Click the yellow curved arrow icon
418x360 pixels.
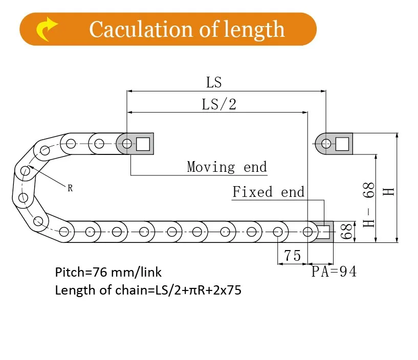point(46,29)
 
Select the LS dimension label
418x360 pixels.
point(214,82)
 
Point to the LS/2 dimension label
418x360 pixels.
point(219,104)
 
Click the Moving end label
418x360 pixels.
point(227,167)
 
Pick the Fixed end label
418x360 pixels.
point(268,192)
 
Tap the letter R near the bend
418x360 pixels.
point(70,188)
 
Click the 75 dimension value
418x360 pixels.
point(292,256)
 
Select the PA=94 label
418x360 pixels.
point(334,272)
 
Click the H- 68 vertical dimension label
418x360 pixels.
point(369,205)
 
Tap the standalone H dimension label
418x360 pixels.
point(389,191)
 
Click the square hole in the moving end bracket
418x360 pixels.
point(143,143)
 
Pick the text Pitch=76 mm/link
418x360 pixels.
point(108,272)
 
